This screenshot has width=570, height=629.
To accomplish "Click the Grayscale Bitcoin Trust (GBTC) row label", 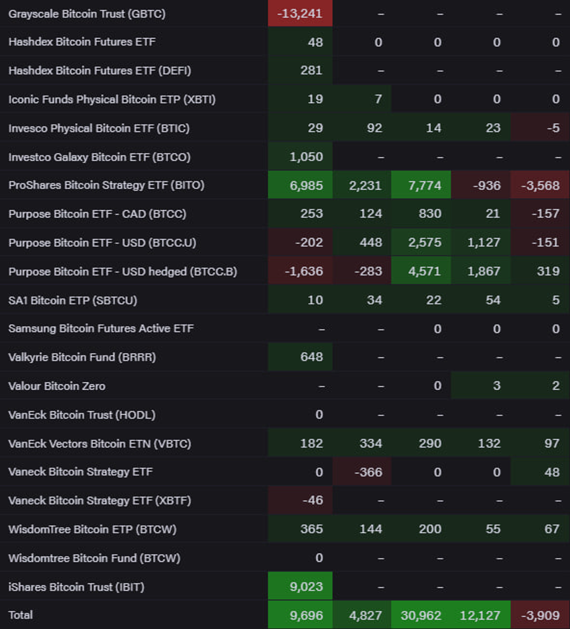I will [x=87, y=13].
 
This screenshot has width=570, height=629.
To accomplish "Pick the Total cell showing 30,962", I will [x=421, y=615].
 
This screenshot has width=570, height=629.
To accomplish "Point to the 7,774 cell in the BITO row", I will [x=425, y=185].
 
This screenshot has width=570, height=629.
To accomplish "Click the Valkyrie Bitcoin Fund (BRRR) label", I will [x=82, y=358].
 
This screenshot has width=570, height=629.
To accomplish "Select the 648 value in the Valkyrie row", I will [x=311, y=358].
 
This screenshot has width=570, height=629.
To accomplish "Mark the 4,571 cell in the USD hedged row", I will [x=425, y=271].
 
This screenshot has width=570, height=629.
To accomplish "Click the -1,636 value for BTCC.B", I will [x=304, y=271].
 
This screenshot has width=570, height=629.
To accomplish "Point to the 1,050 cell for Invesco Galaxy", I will [x=306, y=157].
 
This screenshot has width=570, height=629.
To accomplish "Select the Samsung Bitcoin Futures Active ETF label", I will [x=101, y=328].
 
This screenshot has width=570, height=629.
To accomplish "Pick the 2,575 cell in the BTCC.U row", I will [x=425, y=243].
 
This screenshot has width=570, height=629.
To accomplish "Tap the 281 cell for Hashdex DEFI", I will [x=311, y=71].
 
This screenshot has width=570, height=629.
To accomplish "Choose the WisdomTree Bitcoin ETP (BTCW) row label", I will [x=92, y=530].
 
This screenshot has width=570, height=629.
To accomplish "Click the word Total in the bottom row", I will [x=21, y=615].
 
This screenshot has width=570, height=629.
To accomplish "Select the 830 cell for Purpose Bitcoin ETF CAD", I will [x=430, y=214].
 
